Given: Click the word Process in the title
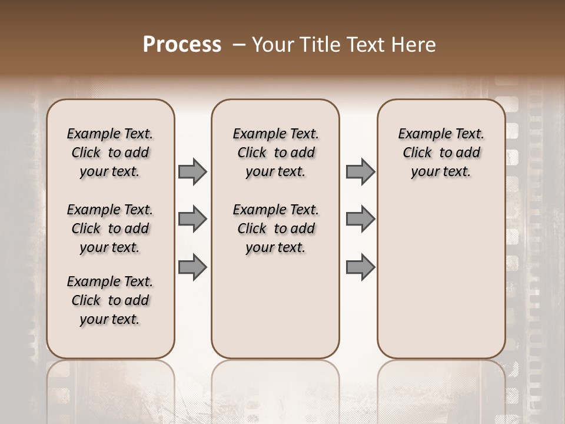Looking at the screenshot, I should pyautogui.click(x=182, y=44).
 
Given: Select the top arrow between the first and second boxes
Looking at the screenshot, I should pyautogui.click(x=192, y=171).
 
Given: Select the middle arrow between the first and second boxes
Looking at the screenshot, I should pyautogui.click(x=192, y=219).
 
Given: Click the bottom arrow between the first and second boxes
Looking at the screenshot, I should pyautogui.click(x=192, y=267).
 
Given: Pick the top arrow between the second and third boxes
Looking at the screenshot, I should pyautogui.click(x=360, y=171).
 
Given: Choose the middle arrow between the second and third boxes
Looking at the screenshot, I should pyautogui.click(x=360, y=219).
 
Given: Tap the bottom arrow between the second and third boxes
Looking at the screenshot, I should pyautogui.click(x=360, y=267).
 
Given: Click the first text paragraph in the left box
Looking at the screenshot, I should pyautogui.click(x=110, y=153).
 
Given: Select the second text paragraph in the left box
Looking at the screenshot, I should pyautogui.click(x=110, y=228).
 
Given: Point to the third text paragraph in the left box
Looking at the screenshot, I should pyautogui.click(x=110, y=300).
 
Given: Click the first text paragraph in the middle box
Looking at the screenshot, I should pyautogui.click(x=275, y=153).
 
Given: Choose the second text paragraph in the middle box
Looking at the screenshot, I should pyautogui.click(x=275, y=228).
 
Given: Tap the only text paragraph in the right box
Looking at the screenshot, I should pyautogui.click(x=441, y=153).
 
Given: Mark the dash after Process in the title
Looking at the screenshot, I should pyautogui.click(x=238, y=45).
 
